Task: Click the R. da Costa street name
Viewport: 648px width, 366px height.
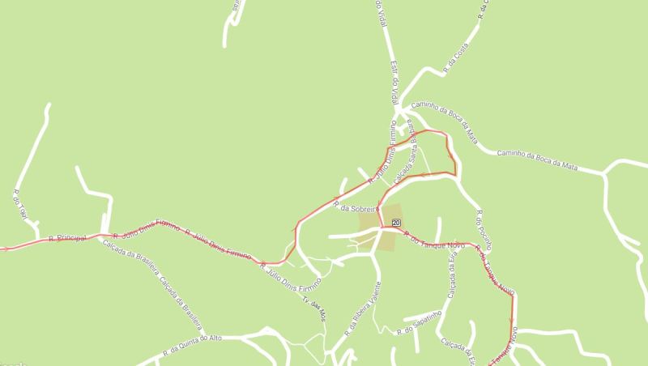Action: coord(456,59)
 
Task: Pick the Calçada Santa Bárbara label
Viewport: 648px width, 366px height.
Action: coord(404,153)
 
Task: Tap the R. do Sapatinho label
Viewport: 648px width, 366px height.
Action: coord(418,323)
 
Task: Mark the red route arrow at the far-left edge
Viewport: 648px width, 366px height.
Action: coord(5,249)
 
